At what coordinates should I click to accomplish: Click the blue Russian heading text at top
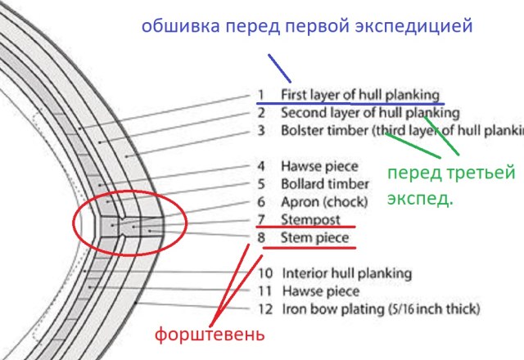coord(307,25)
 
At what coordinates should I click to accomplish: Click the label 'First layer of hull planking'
coord(359,94)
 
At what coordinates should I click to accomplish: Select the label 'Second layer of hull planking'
coord(369,112)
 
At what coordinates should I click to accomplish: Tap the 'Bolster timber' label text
coord(327,130)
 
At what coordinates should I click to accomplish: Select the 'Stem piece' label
coord(314,239)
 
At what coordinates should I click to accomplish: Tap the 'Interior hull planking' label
coord(346,273)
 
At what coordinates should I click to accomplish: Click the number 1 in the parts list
coord(260,94)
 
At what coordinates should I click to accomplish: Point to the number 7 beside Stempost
coord(260,219)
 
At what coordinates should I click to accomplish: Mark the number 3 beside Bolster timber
coord(260,130)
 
